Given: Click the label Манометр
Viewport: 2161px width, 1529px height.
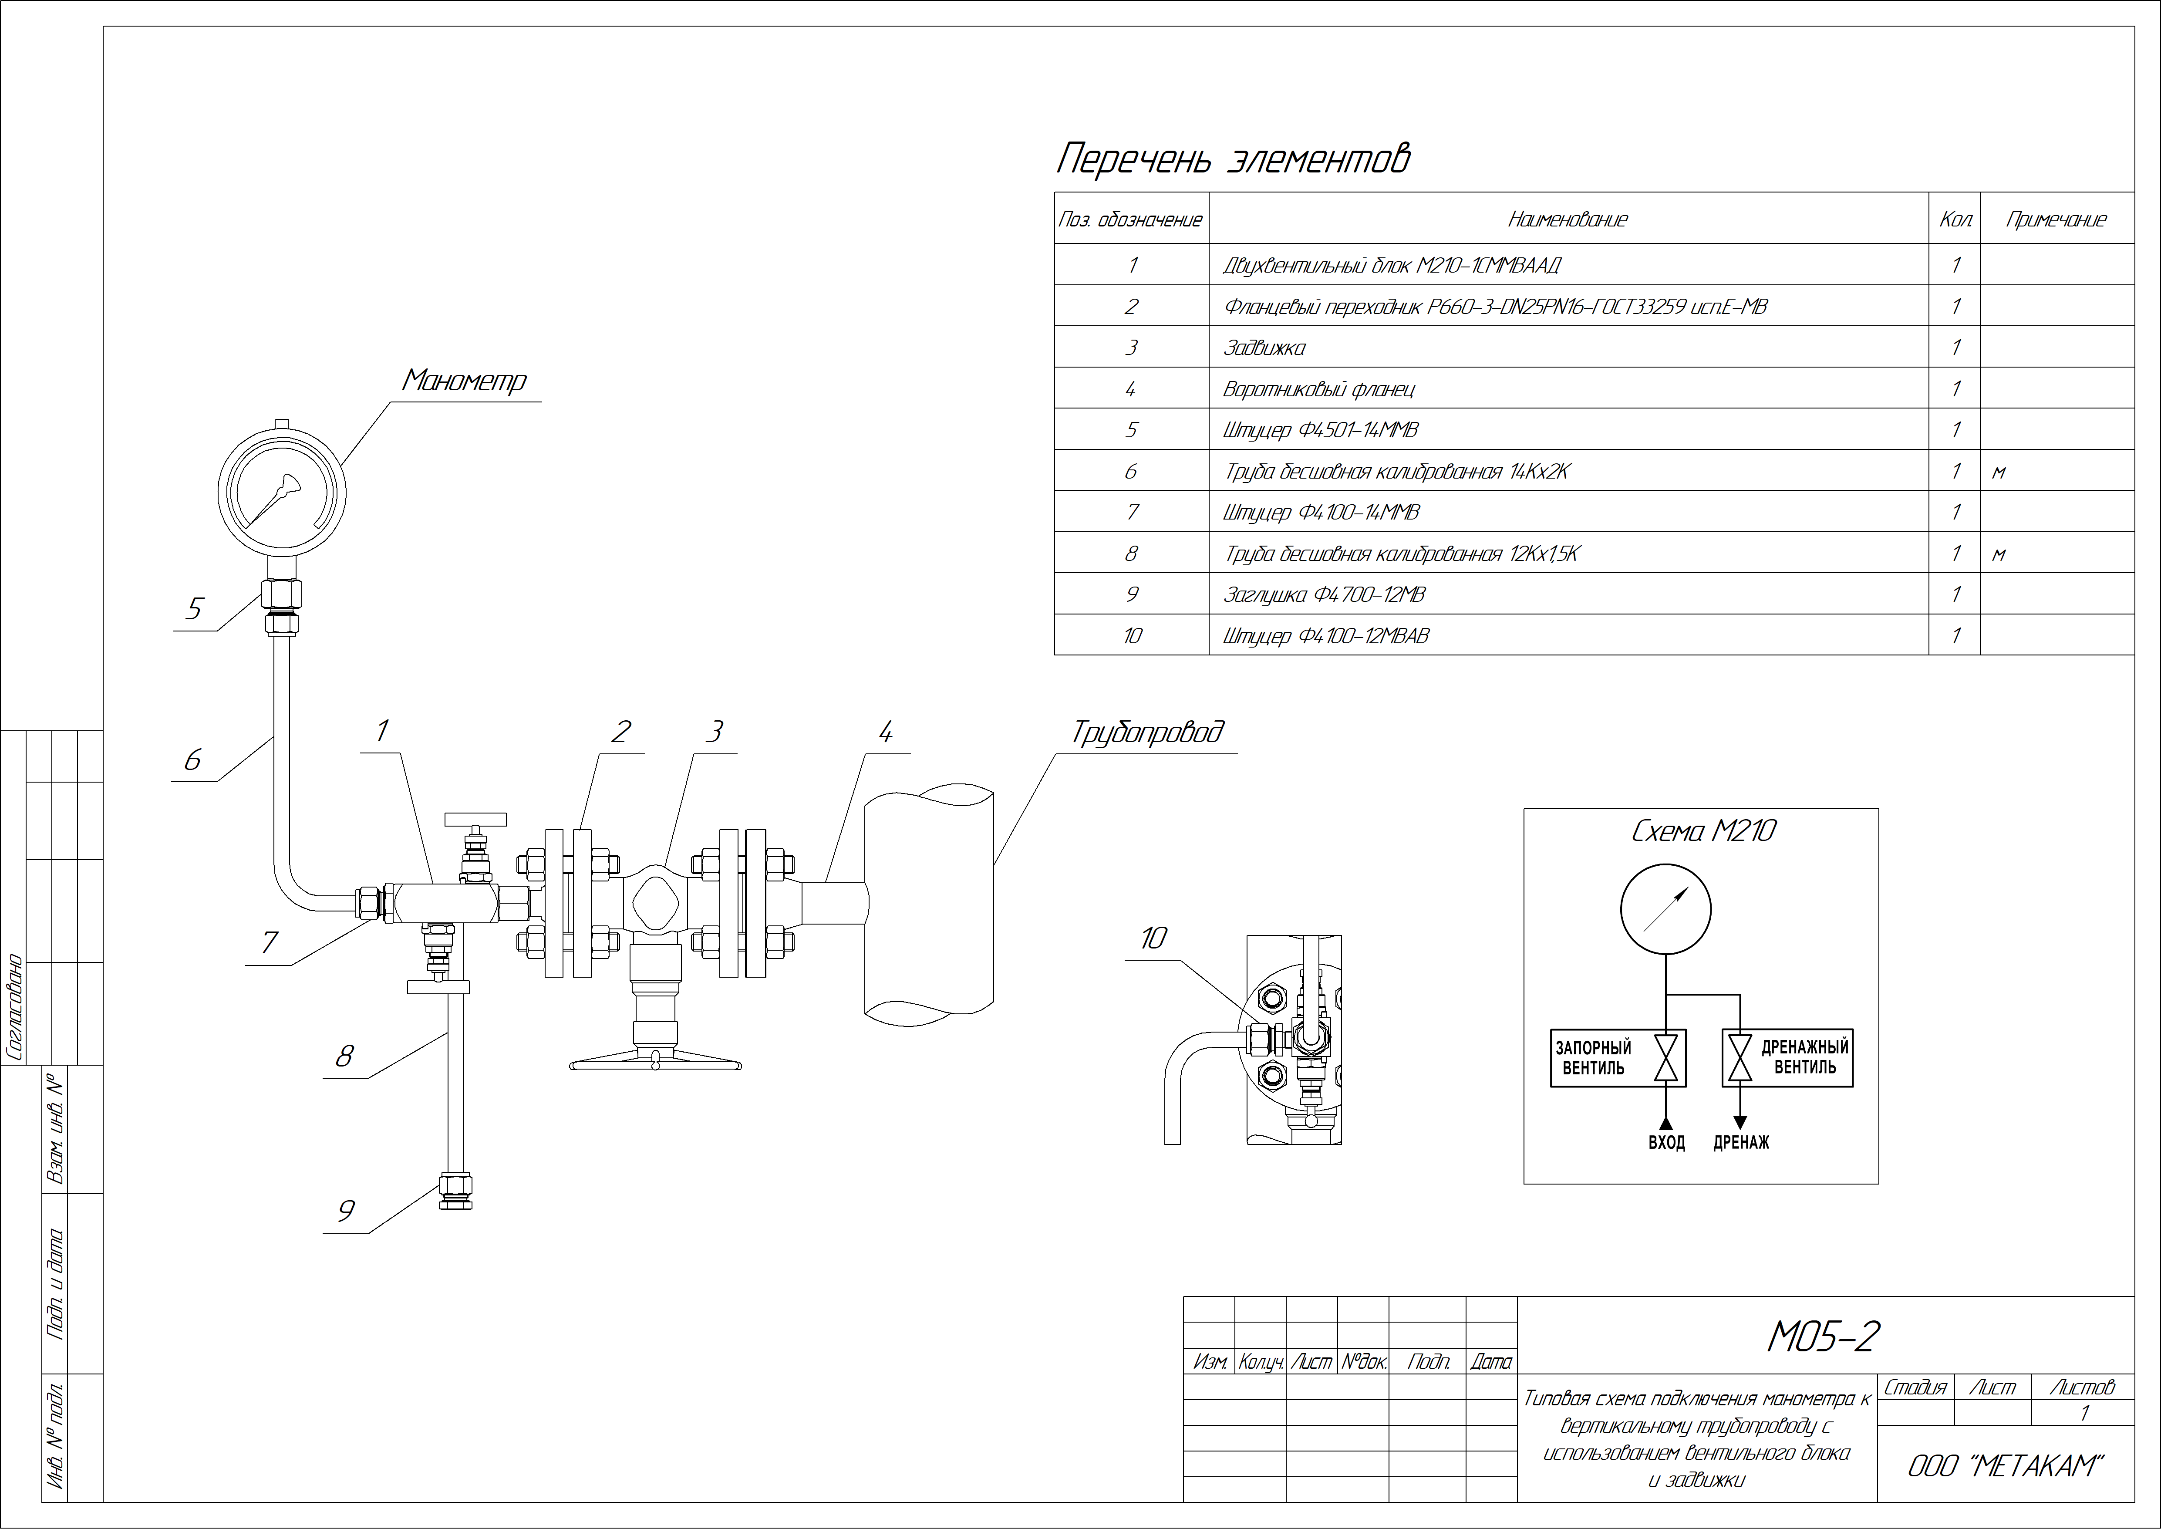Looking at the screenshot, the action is (x=464, y=380).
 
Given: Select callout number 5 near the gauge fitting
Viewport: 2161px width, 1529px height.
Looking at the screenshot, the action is (x=194, y=609).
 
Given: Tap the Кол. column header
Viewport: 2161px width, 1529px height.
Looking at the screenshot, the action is (x=1956, y=219).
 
